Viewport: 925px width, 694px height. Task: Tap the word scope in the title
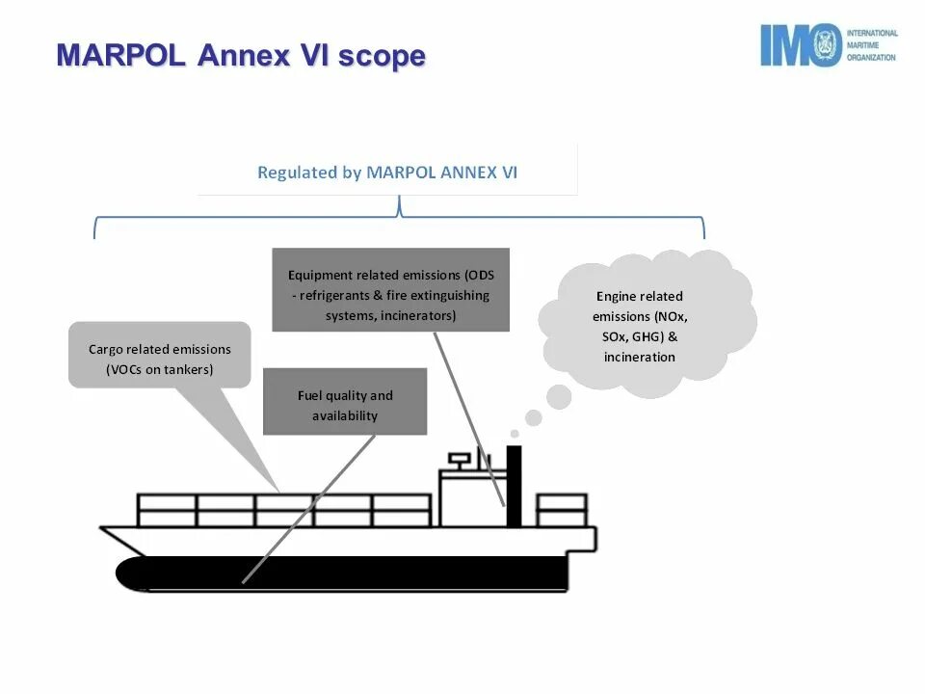click(382, 56)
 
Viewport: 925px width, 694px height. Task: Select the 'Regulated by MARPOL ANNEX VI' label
click(387, 173)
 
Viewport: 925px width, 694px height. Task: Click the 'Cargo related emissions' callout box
click(160, 358)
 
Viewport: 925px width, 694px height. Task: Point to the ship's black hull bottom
click(347, 574)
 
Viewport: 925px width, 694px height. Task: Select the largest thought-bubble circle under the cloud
click(559, 395)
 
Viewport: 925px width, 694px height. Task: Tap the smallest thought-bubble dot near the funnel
click(515, 434)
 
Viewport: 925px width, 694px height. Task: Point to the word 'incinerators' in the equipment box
click(418, 316)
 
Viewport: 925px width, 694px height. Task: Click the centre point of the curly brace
click(399, 206)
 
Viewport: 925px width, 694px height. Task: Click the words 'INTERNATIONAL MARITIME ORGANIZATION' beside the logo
click(871, 45)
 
